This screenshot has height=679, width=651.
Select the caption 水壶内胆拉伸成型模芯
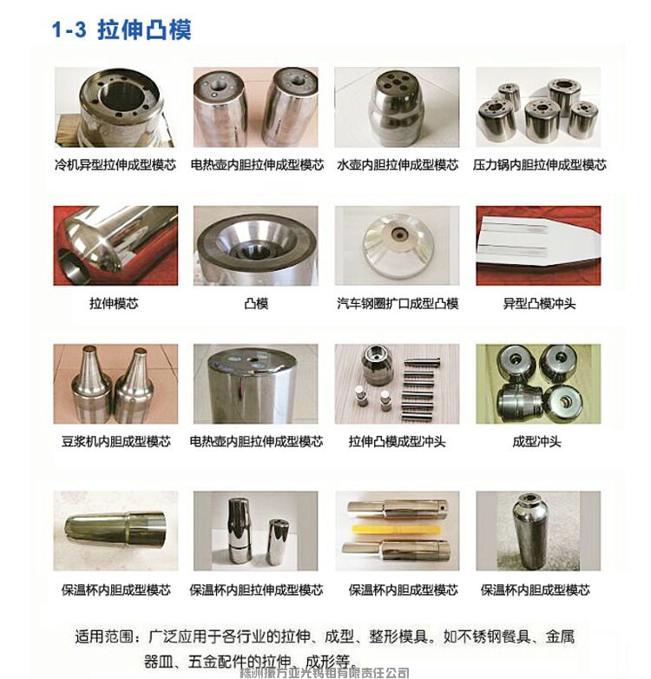coord(398,164)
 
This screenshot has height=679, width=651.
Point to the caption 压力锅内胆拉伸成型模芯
coord(539,164)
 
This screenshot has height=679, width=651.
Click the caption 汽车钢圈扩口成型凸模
coord(398,303)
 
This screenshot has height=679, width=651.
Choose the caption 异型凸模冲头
coord(539,303)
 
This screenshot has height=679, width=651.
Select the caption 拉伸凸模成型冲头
coord(398,441)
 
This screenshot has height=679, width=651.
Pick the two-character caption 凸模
coord(257,303)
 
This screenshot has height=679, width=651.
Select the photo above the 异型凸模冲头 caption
coord(538,246)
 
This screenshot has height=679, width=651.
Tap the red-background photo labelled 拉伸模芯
coord(115,246)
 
